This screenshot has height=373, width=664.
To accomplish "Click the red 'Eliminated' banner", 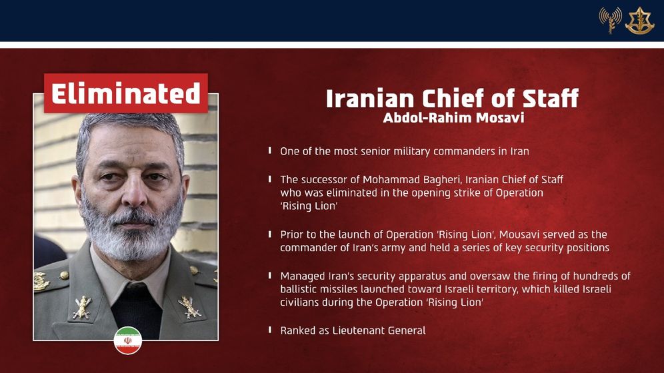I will tap(126, 93).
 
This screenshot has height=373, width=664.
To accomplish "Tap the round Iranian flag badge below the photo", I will tap(128, 340).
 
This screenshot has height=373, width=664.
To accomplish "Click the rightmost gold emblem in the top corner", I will tap(639, 21).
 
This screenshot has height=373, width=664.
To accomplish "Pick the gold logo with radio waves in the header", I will tap(610, 21).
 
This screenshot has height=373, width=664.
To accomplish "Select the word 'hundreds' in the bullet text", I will tap(573, 276).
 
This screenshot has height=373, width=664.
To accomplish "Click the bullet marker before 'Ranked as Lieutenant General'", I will tap(269, 330).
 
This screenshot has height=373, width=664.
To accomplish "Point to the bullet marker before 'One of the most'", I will tap(269, 151).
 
